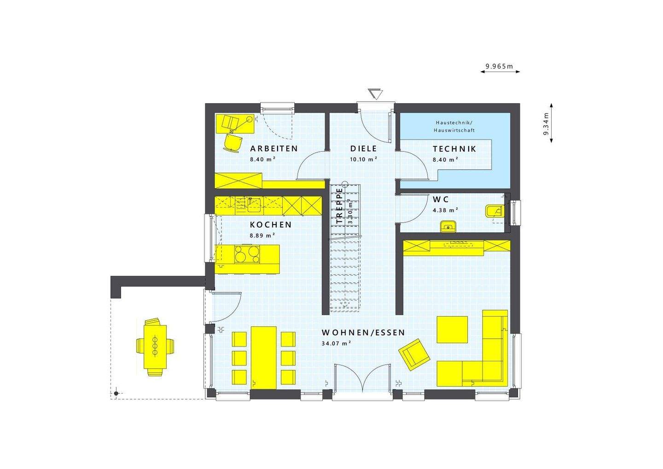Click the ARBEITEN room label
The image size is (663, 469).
[x=274, y=149]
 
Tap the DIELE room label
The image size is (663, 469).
[x=363, y=149]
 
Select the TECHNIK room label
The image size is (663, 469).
[x=454, y=149]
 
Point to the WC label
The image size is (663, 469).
[x=441, y=200]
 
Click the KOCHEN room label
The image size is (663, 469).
[x=271, y=225]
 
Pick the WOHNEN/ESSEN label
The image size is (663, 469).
[x=363, y=332]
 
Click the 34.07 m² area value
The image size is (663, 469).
[x=337, y=343]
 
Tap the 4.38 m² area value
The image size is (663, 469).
[x=445, y=210]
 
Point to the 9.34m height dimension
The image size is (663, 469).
[x=546, y=124]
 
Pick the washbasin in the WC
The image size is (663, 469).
[x=448, y=226]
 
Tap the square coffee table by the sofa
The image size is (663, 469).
[x=452, y=329]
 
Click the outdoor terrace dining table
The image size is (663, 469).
[x=155, y=346]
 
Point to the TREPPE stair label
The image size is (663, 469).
[x=340, y=206]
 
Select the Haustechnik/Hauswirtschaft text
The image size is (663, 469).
[x=455, y=127]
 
